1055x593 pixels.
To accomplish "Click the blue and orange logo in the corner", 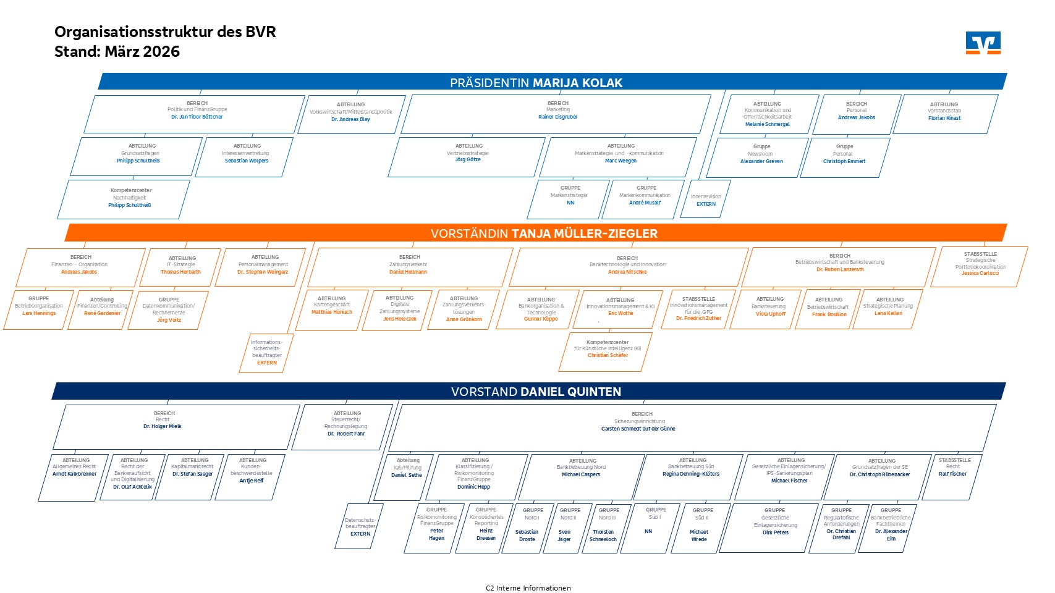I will (983, 43).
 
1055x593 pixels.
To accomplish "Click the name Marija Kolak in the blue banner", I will (577, 83).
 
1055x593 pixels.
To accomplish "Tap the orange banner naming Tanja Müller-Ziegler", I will (544, 233).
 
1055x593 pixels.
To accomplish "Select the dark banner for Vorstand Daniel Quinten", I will (536, 392).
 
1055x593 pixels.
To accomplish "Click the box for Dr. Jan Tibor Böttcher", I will (195, 114).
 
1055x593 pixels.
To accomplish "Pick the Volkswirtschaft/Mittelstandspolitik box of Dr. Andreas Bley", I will (351, 114).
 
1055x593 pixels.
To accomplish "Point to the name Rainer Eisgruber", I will (557, 117).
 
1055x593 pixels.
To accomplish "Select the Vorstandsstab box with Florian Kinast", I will (945, 114).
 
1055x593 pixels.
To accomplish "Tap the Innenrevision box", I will (706, 200).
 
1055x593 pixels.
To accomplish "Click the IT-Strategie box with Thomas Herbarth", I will (180, 267).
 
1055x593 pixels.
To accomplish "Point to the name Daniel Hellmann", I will (408, 272).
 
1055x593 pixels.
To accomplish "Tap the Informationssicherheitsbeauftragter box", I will (266, 353).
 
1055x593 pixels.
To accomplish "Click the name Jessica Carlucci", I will (980, 273).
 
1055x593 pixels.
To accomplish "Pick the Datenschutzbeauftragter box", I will (360, 526).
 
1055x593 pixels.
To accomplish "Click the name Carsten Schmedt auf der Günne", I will (638, 429).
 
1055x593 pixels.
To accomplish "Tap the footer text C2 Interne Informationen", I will (528, 588).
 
